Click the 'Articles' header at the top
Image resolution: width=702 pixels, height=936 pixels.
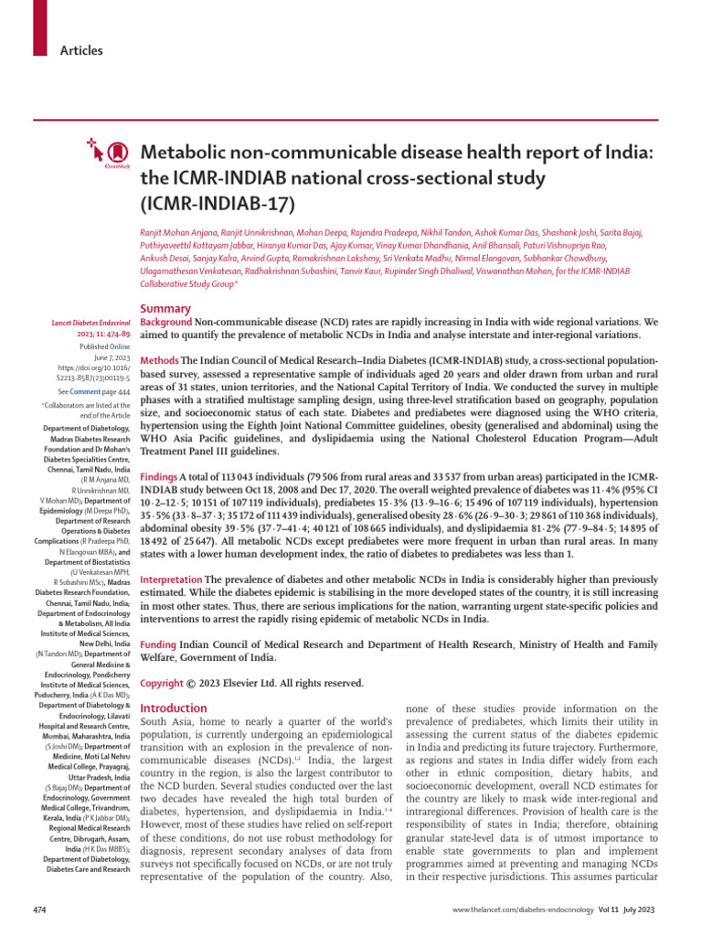click(82, 50)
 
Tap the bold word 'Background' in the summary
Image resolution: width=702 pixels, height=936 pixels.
click(165, 323)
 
